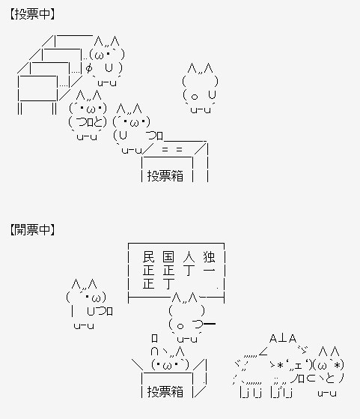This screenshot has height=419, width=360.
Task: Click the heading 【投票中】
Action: [x=32, y=14]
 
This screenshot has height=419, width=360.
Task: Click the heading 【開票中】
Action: [x=32, y=229]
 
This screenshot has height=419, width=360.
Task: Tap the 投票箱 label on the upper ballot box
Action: [x=165, y=176]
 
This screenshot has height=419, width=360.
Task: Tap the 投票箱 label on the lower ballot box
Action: [x=165, y=391]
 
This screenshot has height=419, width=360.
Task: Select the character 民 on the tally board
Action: [x=148, y=257]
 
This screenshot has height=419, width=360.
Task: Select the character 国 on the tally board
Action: [x=168, y=257]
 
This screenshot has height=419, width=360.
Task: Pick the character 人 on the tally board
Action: [x=189, y=257]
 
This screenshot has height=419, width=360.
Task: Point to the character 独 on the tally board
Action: [x=209, y=257]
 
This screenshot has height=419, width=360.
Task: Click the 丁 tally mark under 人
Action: [x=189, y=270]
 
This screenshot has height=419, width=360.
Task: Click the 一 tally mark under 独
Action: [x=209, y=270]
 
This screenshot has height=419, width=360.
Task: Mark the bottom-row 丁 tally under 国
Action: [x=168, y=284]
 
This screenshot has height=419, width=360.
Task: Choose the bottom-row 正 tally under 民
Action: [x=148, y=284]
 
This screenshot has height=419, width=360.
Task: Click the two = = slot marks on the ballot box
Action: [x=172, y=150]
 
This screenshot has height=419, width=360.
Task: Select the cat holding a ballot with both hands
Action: [x=88, y=115]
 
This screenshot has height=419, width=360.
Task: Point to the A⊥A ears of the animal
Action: [x=283, y=339]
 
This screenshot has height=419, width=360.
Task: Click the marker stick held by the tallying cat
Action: [x=210, y=324]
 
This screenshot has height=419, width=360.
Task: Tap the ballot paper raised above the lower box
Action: [x=154, y=338]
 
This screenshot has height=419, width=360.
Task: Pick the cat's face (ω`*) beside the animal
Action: [x=329, y=365]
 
